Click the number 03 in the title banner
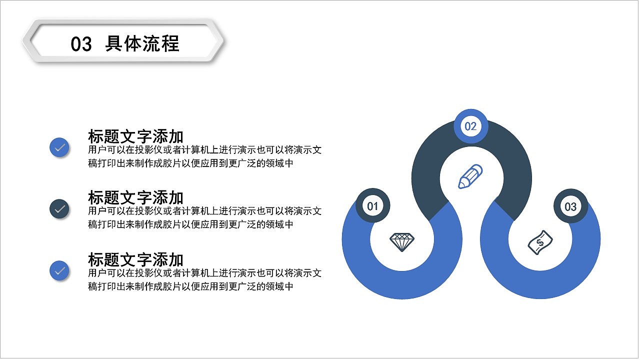click(81, 44)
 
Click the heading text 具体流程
click(142, 43)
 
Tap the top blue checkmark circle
click(59, 147)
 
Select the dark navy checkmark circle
click(59, 209)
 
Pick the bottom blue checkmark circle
click(59, 270)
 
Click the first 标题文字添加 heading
click(135, 136)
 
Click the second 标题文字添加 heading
click(135, 197)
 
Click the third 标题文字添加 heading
click(135, 259)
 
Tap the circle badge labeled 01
click(372, 206)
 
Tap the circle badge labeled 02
click(470, 126)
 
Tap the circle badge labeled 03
click(570, 206)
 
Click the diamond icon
click(402, 242)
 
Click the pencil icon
click(470, 176)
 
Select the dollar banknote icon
click(540, 242)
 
